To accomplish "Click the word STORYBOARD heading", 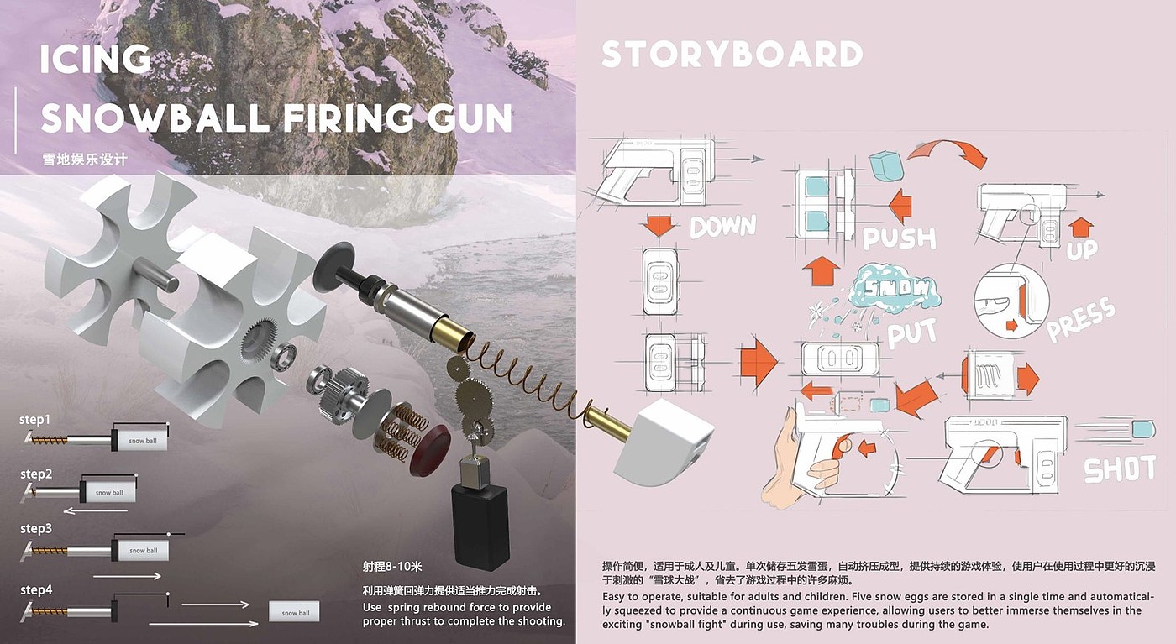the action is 732,55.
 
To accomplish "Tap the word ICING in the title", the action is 96,60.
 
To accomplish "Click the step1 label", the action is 35,419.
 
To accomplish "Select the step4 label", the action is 36,590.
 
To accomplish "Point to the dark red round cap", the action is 430,442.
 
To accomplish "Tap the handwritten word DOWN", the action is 723,225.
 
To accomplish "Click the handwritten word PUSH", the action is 899,238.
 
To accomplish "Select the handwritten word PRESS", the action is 1081,320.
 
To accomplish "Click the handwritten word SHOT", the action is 1121,469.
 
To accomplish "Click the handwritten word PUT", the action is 912,333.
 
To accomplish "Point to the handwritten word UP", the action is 1083,249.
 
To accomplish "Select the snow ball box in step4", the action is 295,613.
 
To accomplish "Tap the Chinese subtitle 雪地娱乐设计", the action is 85,159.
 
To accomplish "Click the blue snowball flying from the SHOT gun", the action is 1142,430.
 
